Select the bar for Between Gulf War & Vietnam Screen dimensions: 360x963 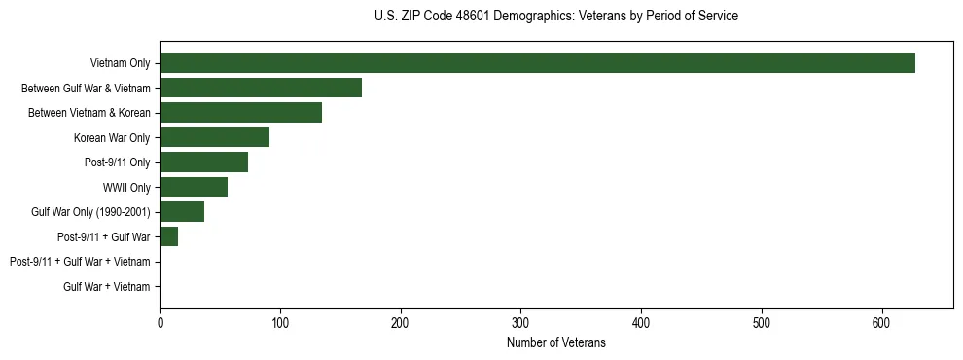coord(261,88)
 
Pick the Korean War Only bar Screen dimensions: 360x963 coord(214,137)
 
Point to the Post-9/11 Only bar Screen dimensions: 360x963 coord(203,162)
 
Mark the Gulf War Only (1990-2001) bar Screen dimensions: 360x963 coord(182,212)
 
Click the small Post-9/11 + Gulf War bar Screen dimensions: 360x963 coord(168,236)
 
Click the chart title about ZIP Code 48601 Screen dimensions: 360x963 coord(555,17)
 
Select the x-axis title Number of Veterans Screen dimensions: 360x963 coord(555,343)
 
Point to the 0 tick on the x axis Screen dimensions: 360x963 coord(160,323)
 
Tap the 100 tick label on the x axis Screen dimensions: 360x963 coord(280,323)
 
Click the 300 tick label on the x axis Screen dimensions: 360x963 coord(520,323)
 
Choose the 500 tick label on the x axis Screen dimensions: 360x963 coord(762,323)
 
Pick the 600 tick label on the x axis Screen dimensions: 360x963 coord(882,323)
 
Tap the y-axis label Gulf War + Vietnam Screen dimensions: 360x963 coord(107,286)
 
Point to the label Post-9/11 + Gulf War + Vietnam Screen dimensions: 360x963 coord(80,262)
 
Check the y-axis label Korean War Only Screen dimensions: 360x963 coord(112,137)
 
